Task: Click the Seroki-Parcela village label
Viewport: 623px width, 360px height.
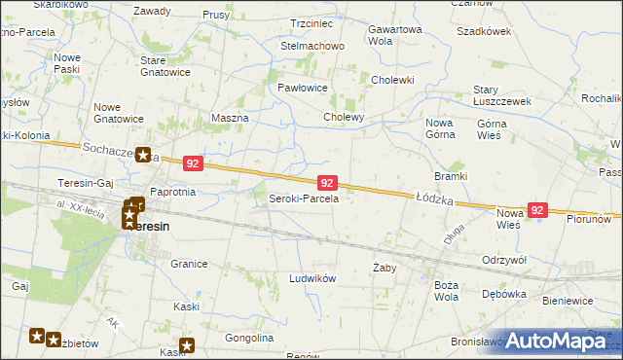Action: pyautogui.click(x=303, y=198)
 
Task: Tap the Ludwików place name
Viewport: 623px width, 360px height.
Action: pyautogui.click(x=312, y=278)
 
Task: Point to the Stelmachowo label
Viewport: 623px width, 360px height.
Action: pyautogui.click(x=312, y=46)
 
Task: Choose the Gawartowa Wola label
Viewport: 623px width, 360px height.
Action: pyautogui.click(x=394, y=35)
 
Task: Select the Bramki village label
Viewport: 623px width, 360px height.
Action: pyautogui.click(x=451, y=176)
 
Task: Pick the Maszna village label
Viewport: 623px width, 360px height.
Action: pyautogui.click(x=230, y=118)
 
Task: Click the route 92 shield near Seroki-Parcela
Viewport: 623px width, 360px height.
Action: pyautogui.click(x=327, y=183)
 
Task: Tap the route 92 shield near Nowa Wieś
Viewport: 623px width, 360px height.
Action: pyautogui.click(x=537, y=209)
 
